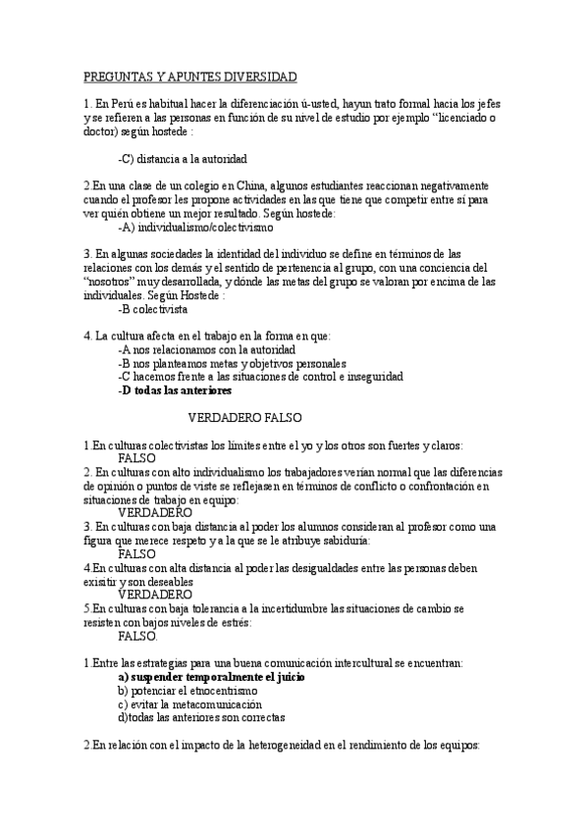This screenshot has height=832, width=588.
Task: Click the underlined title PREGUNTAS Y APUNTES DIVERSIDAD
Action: coord(190,76)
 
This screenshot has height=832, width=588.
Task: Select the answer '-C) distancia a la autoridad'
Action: coord(182,158)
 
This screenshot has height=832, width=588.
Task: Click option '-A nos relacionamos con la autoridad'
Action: coord(205,348)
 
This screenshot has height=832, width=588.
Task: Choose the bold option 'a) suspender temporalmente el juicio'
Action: coord(211,677)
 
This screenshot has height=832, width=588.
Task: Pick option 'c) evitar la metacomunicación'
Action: coord(189,704)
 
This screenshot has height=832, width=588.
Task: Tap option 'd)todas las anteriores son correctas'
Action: coord(202,718)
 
